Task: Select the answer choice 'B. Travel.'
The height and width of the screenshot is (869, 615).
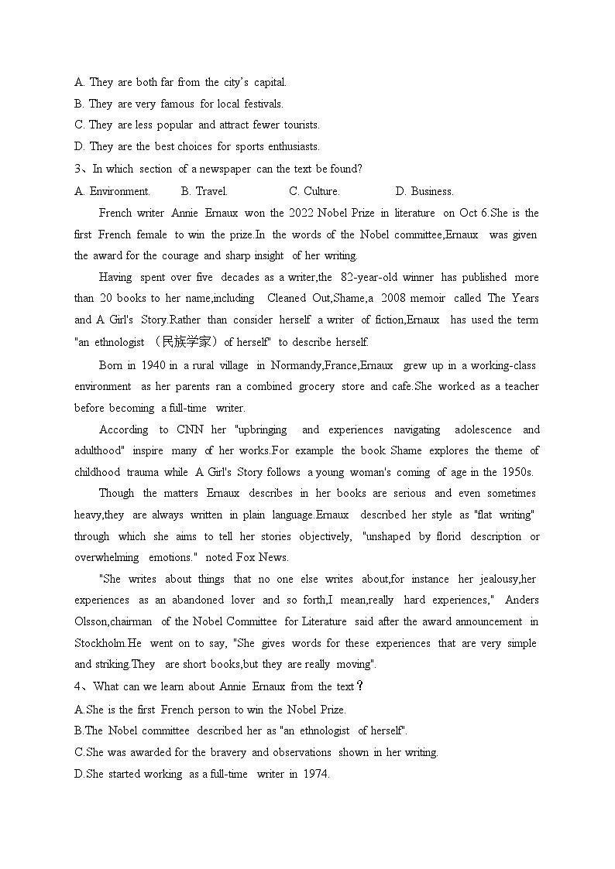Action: pyautogui.click(x=204, y=191)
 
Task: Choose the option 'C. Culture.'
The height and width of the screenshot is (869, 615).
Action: pyautogui.click(x=314, y=191)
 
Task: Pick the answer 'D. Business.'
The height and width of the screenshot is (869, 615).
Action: pyautogui.click(x=424, y=191)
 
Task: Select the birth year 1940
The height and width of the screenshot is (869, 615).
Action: pyautogui.click(x=151, y=365)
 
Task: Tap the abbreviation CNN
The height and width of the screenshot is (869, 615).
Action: pyautogui.click(x=190, y=429)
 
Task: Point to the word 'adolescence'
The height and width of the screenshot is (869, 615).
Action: pyautogui.click(x=483, y=429)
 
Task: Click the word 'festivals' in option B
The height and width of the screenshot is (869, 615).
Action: pyautogui.click(x=263, y=104)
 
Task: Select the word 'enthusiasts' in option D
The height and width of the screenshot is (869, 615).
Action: pyautogui.click(x=290, y=146)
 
